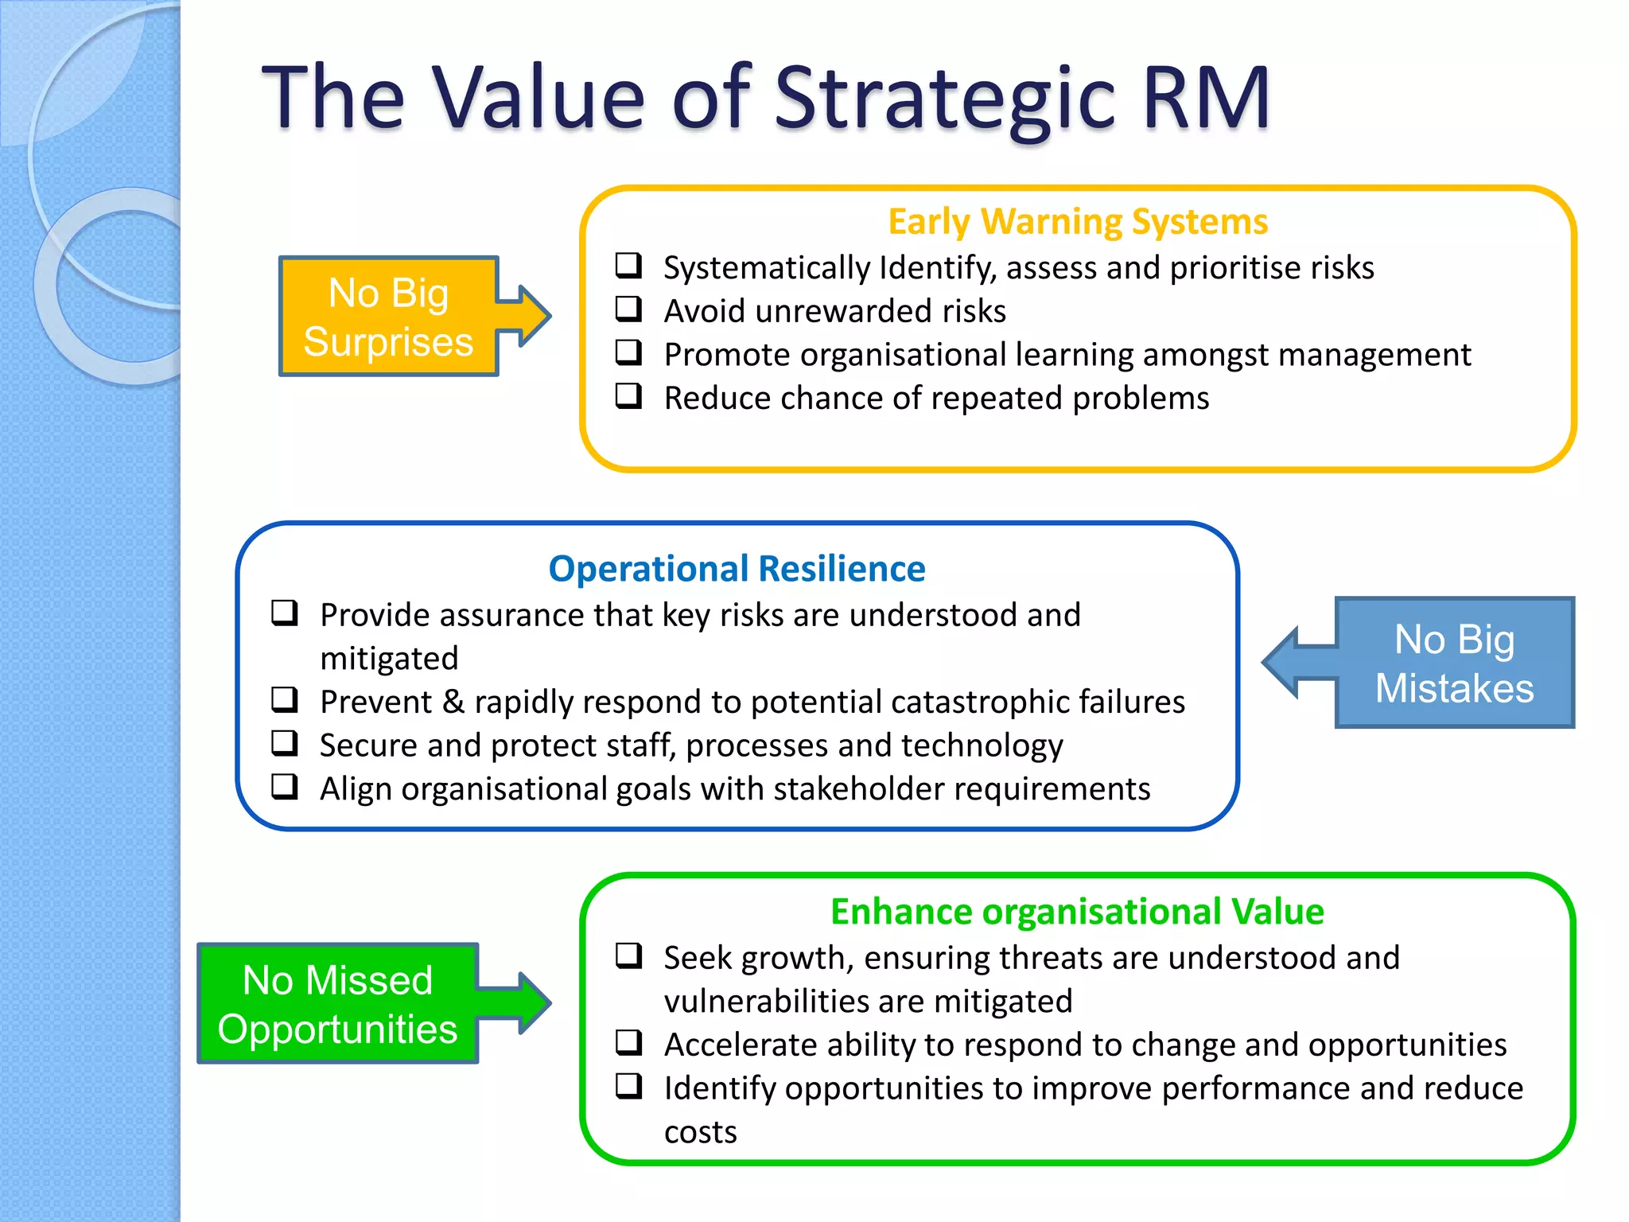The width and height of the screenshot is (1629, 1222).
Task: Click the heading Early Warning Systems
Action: [1078, 222]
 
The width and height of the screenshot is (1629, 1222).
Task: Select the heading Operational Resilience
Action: [737, 570]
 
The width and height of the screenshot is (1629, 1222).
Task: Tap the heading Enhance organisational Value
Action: [1077, 912]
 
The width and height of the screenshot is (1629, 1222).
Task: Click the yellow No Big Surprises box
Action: [388, 317]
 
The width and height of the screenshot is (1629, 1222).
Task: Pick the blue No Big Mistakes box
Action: [1454, 663]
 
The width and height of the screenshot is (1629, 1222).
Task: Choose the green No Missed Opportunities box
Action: [337, 1004]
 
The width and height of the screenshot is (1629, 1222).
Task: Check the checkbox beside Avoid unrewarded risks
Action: [628, 309]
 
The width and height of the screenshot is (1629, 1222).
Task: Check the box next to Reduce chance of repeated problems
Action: [628, 395]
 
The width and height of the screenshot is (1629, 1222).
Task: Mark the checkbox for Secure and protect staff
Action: [285, 743]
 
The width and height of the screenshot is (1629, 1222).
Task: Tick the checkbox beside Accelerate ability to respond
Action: [628, 1042]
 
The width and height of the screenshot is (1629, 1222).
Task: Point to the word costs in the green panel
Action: [700, 1132]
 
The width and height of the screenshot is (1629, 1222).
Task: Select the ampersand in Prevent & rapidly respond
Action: [453, 702]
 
